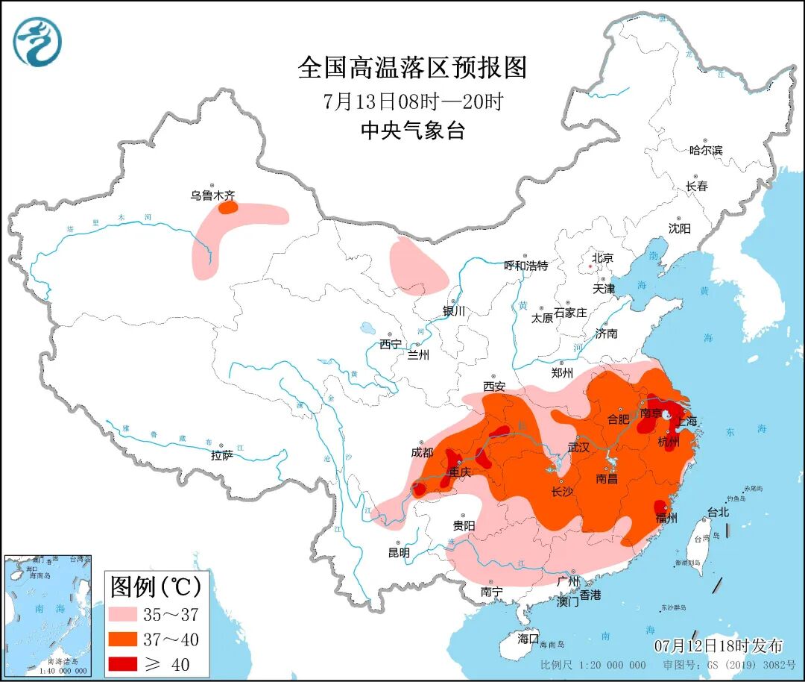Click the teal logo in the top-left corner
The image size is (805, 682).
pyautogui.click(x=37, y=41)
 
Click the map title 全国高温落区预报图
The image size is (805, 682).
pyautogui.click(x=412, y=68)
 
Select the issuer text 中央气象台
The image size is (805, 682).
pyautogui.click(x=412, y=131)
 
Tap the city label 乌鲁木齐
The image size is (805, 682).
pyautogui.click(x=212, y=196)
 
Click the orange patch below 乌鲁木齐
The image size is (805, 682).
pyautogui.click(x=227, y=207)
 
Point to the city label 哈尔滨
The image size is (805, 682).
pyautogui.click(x=705, y=150)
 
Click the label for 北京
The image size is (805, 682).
pyautogui.click(x=602, y=258)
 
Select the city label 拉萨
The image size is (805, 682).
pyautogui.click(x=222, y=454)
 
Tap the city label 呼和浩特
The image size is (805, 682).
pyautogui.click(x=525, y=266)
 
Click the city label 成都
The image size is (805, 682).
pyautogui.click(x=421, y=452)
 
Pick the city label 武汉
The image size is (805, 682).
pyautogui.click(x=578, y=448)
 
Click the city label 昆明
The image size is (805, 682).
pyautogui.click(x=399, y=553)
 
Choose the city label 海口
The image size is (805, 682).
pyautogui.click(x=528, y=639)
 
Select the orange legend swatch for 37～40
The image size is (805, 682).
pyautogui.click(x=132, y=639)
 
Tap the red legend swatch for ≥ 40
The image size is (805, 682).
pyautogui.click(x=132, y=663)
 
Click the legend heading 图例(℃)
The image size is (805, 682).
pyautogui.click(x=156, y=587)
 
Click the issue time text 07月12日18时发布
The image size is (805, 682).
pyautogui.click(x=719, y=645)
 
